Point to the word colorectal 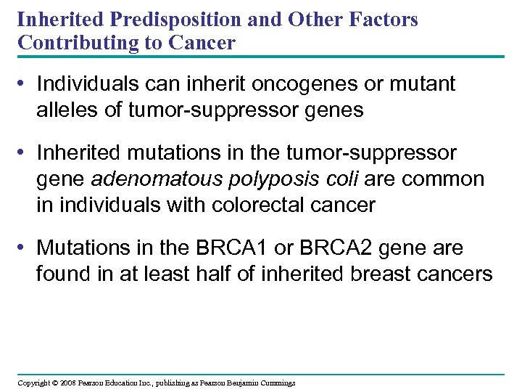(257, 205)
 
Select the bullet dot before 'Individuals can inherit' (25, 84)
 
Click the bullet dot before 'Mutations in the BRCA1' (25, 248)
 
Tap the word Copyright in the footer (34, 383)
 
